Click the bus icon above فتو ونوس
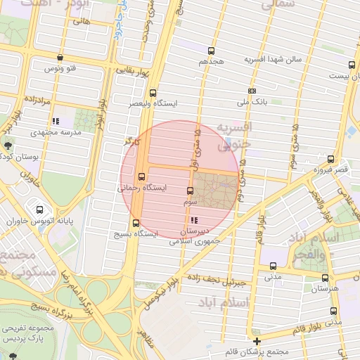[60, 58]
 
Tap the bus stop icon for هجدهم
[211, 51]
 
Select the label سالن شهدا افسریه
[273, 60]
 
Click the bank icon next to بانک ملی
[252, 91]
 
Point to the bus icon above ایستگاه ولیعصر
[153, 92]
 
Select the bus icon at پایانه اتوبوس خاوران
[39, 209]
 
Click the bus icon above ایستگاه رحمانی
[143, 176]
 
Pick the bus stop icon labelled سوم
[190, 191]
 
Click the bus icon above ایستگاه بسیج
[136, 224]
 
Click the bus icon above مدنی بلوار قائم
[334, 311]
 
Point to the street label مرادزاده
[34, 101]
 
